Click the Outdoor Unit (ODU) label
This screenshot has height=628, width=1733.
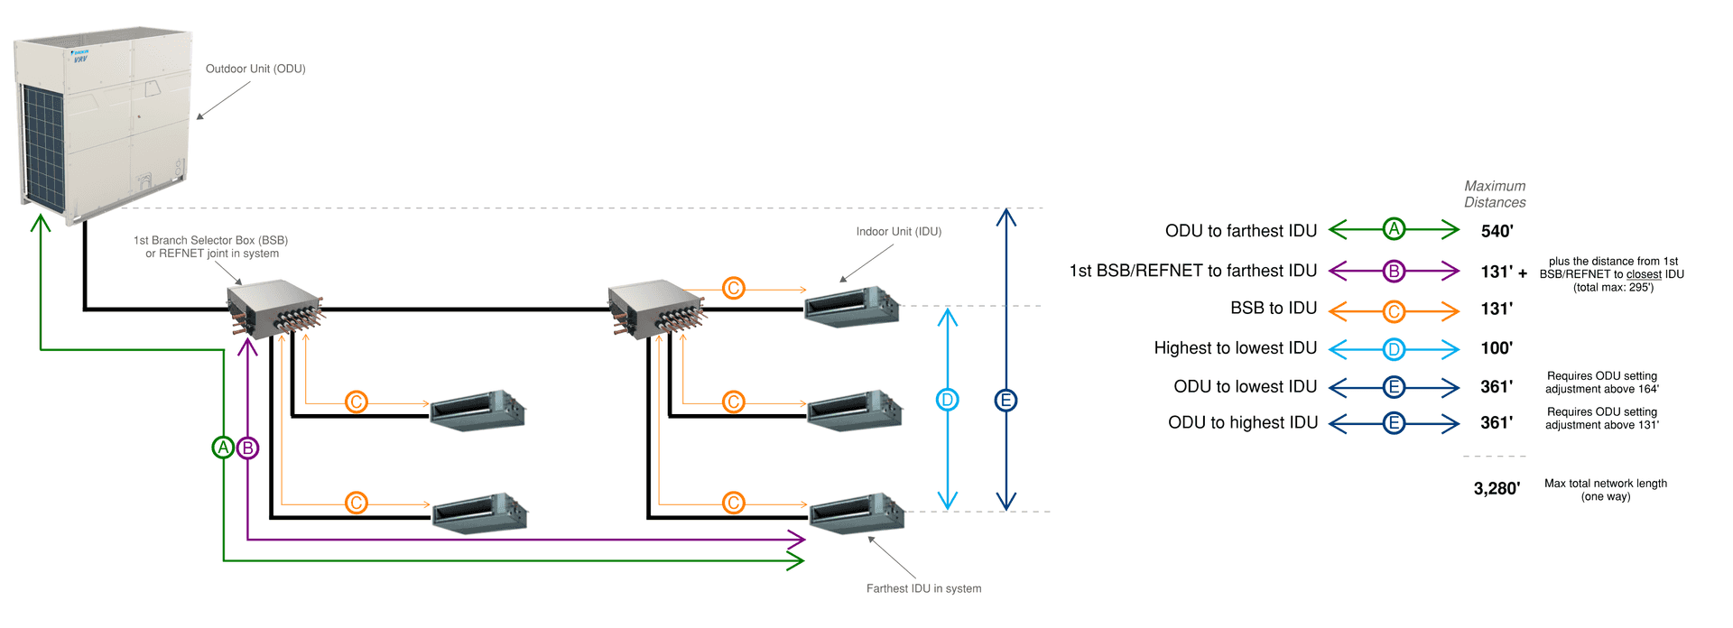255,69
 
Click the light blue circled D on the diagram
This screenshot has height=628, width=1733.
947,400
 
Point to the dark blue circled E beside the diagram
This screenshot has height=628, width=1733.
1006,400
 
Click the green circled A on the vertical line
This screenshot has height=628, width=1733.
223,447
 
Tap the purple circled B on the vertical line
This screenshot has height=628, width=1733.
247,447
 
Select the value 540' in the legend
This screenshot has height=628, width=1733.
1497,231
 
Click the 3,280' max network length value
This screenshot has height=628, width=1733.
1497,488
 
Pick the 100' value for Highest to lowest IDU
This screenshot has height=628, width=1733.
1497,348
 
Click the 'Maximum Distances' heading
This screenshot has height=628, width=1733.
1495,194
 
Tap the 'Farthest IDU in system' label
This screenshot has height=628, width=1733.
923,588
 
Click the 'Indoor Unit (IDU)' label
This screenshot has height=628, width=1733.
898,232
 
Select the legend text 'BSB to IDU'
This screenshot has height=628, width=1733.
1274,309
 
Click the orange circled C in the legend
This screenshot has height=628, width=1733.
1394,311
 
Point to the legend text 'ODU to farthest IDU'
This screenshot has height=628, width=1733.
1241,231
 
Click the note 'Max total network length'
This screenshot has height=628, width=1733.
1605,484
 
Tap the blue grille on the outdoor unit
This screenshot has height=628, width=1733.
43,144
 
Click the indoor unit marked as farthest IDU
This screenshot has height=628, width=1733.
856,513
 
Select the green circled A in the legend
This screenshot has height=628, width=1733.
1394,229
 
